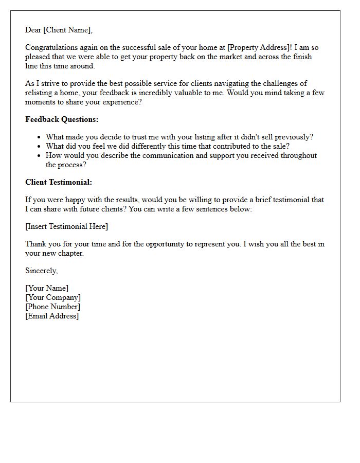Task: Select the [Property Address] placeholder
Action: [x=259, y=48]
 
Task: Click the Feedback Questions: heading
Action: [x=62, y=119]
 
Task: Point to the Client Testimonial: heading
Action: [x=59, y=182]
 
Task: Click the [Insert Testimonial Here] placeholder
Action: [x=66, y=226]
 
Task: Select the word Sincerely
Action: [x=41, y=271]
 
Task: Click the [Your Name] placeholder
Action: [x=46, y=288]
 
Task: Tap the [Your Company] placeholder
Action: [x=52, y=297]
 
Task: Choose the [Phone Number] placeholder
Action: [x=52, y=307]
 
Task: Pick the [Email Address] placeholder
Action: [x=52, y=316]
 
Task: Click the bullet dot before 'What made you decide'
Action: [x=39, y=137]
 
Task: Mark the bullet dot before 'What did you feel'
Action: [x=39, y=147]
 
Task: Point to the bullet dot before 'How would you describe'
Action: [x=39, y=156]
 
